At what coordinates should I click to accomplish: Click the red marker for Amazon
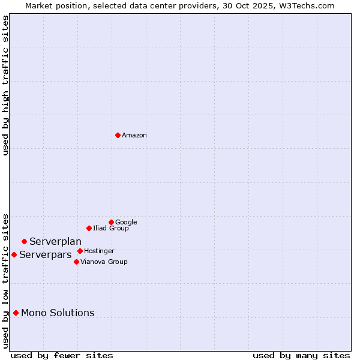[118, 135]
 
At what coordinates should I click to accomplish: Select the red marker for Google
[111, 222]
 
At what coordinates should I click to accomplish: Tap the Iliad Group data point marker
[89, 228]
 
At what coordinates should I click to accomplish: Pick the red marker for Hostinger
[80, 251]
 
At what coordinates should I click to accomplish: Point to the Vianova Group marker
[76, 262]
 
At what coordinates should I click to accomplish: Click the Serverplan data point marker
[24, 241]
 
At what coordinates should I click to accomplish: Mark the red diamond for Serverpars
[14, 254]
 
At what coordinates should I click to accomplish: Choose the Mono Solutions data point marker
[16, 313]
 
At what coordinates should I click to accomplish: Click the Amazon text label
[134, 135]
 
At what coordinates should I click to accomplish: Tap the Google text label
[126, 222]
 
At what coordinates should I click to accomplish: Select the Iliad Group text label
[111, 228]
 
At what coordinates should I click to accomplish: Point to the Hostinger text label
[99, 251]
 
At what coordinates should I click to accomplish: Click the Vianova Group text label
[104, 262]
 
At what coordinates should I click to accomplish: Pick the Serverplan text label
[55, 241]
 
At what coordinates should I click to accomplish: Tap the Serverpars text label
[45, 254]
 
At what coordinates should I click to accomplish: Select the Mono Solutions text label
[58, 313]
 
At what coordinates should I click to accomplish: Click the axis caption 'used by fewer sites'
[62, 355]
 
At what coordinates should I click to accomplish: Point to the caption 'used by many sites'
[301, 355]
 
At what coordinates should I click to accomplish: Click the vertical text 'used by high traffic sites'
[5, 86]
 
